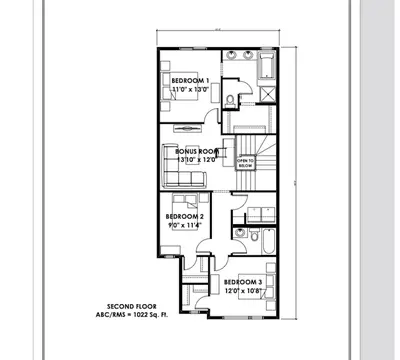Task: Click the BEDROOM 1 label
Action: (x=189, y=80)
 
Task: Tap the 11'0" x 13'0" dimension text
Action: (x=189, y=89)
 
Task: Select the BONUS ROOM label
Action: (x=197, y=150)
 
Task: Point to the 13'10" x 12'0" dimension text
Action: (x=197, y=159)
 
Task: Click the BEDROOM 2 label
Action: (x=185, y=217)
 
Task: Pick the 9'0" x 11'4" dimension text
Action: (x=185, y=226)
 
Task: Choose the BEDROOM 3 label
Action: (x=243, y=283)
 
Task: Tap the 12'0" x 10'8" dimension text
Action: (x=243, y=292)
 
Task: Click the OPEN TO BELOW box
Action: (x=245, y=162)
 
